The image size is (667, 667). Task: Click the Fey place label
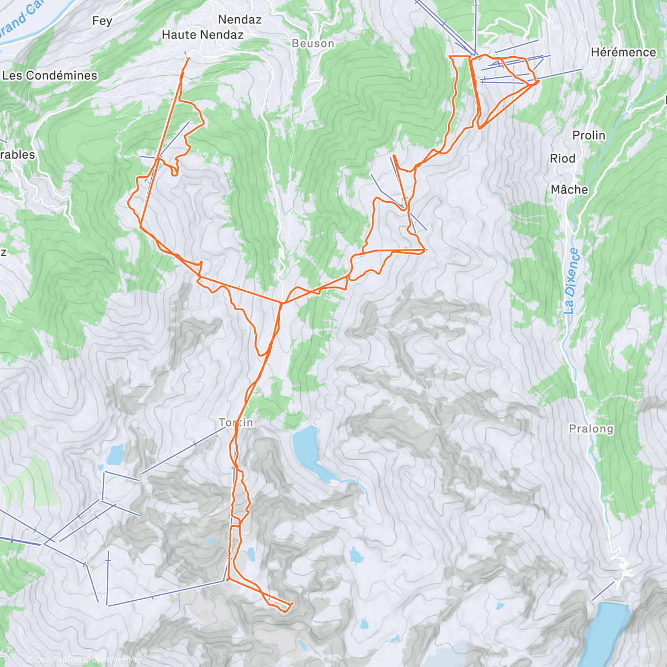tap(102, 21)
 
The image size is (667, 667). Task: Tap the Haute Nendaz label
tap(202, 34)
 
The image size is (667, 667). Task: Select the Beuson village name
tap(313, 43)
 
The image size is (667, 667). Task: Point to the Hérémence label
tap(623, 52)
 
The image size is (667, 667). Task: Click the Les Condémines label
tap(50, 75)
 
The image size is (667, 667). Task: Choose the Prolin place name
tap(589, 135)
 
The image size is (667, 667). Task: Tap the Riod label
tap(563, 158)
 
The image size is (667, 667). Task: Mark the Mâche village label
tap(569, 190)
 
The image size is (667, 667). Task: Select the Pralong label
tap(591, 429)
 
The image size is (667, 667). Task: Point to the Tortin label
tap(236, 422)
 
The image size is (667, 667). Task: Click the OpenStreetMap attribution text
tap(117, 660)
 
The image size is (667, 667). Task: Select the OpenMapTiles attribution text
tap(58, 660)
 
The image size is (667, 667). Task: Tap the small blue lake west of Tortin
tap(116, 456)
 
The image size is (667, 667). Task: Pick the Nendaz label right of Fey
tap(240, 19)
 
